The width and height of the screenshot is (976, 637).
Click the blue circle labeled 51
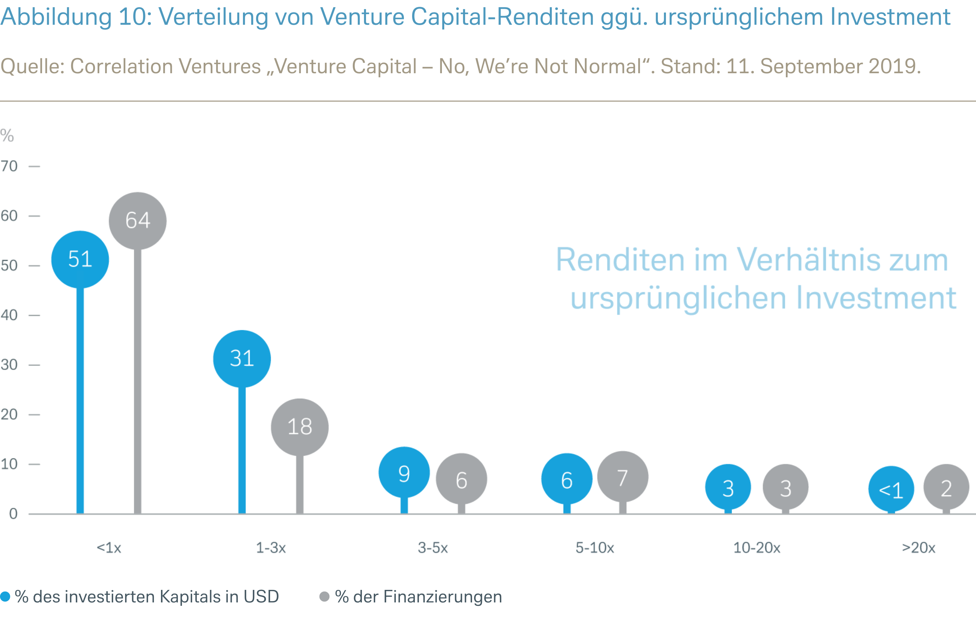tap(80, 259)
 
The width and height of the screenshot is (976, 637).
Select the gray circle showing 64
tap(138, 221)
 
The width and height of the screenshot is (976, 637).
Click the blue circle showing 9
tap(404, 473)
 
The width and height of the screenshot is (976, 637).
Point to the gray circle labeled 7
tap(623, 477)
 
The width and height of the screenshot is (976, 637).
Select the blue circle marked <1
tap(891, 489)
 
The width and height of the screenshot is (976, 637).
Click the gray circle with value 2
tap(946, 487)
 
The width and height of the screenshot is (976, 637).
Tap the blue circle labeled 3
tap(728, 487)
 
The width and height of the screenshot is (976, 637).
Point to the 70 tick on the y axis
tap(9, 166)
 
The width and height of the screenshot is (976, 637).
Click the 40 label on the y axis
tap(9, 315)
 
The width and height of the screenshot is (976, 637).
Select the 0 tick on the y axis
tap(13, 514)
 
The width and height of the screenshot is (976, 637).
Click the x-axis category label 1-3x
tap(271, 548)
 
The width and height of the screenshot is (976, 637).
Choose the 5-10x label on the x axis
tap(595, 548)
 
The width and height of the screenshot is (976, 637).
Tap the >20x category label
tap(919, 548)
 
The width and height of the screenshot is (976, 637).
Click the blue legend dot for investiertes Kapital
tap(5, 596)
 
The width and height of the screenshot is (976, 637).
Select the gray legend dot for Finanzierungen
tap(324, 596)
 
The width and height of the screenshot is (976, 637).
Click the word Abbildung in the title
tap(56, 17)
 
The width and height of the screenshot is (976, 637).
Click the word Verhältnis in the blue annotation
tap(808, 260)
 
